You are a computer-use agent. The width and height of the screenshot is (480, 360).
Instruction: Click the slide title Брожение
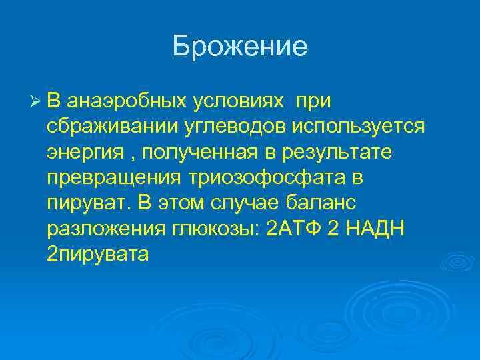(240, 47)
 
